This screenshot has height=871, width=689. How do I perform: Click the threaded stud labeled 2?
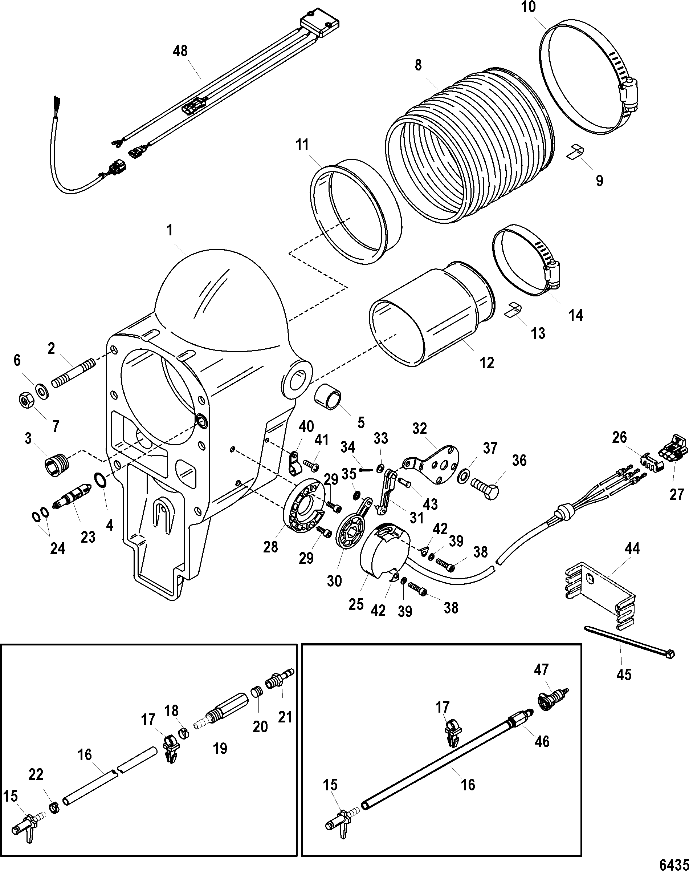coord(73,371)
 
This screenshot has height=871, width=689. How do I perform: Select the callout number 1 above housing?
coord(170,231)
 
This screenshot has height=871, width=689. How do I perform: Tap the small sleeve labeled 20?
coord(254,693)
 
